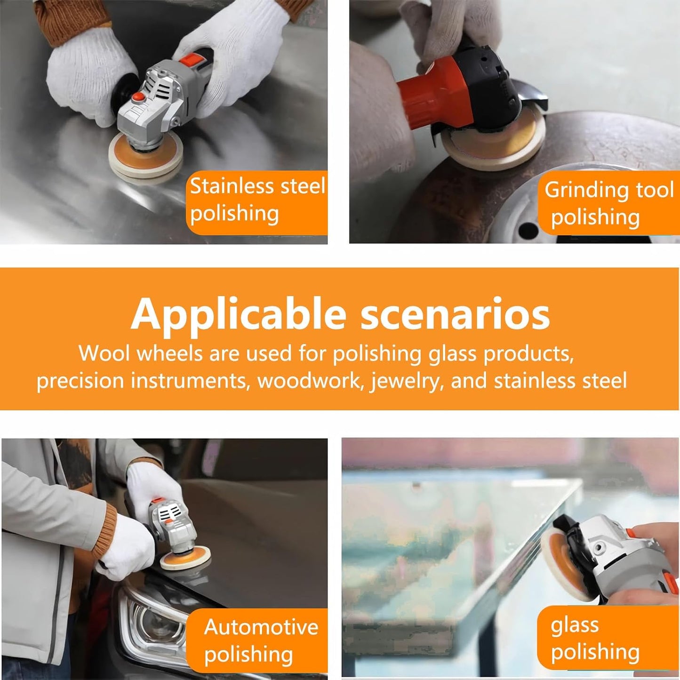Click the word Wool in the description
click(x=104, y=353)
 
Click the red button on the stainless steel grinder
click(x=138, y=96)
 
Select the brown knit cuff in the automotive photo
click(x=105, y=531)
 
